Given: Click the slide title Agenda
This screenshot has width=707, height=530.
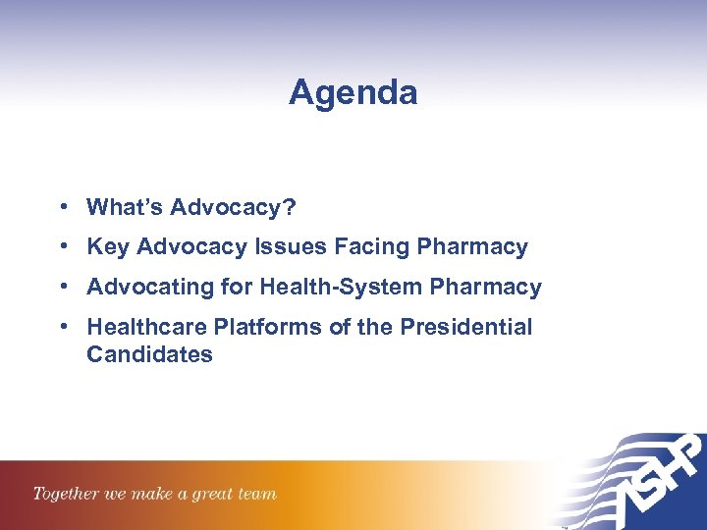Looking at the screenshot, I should coord(353,93).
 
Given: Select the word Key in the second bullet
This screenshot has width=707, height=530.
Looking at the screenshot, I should coord(108,247).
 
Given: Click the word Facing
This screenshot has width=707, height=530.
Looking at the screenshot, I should coord(374,247).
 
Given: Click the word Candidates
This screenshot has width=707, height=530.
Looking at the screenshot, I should coord(149,354).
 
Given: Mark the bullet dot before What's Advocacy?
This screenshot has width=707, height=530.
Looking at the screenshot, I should coord(63,207).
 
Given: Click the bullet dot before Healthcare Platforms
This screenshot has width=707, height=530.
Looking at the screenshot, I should coord(63,327).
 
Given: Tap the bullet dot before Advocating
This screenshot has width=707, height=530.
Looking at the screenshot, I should coord(63,288).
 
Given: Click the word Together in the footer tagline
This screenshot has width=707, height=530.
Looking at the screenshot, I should coord(65,494).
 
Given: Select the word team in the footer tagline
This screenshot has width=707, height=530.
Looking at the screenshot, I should coord(258,494).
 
